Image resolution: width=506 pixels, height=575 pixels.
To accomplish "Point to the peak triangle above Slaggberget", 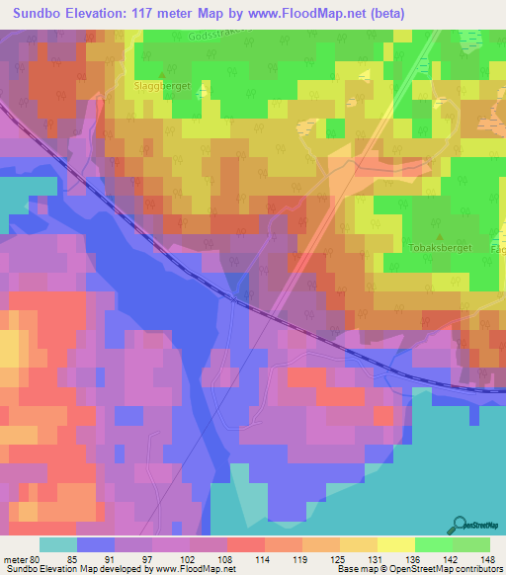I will click(x=162, y=72).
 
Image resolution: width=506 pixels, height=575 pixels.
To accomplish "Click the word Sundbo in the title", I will click(x=38, y=12).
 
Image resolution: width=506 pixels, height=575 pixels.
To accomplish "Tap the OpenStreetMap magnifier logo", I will click(x=462, y=525).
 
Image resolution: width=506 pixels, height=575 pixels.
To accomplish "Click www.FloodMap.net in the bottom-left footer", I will click(x=189, y=568).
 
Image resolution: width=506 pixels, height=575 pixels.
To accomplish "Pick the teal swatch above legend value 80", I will click(x=58, y=544).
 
